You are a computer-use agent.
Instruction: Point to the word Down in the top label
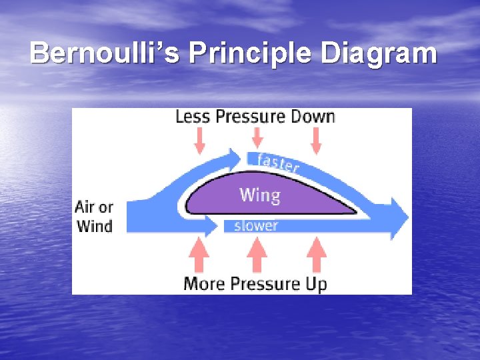[312, 117]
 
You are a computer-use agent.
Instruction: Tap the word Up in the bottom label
[316, 285]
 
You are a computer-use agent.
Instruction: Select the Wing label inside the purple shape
[259, 195]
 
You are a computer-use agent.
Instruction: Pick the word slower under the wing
[255, 226]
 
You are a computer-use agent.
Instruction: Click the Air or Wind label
[95, 216]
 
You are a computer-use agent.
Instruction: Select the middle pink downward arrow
[257, 139]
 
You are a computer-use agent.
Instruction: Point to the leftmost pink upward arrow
[199, 256]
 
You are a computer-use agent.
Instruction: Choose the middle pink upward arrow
[257, 256]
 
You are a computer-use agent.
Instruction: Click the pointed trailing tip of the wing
[355, 212]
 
